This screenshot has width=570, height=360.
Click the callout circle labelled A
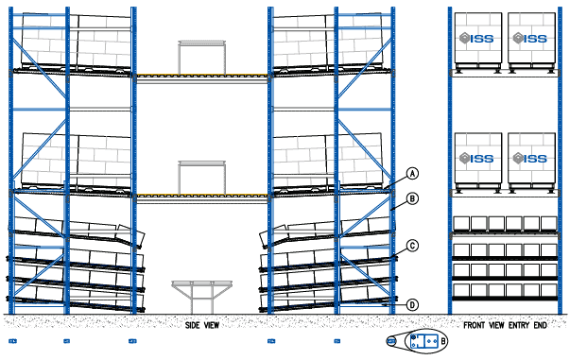(x=412, y=173)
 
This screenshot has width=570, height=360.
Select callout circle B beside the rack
(x=412, y=199)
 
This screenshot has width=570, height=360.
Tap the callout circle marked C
(x=412, y=246)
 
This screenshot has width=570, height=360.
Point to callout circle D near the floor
(x=412, y=304)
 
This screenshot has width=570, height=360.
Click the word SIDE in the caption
(x=194, y=325)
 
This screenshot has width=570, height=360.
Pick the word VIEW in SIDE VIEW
(x=211, y=325)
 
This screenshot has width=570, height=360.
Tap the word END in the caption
(x=540, y=325)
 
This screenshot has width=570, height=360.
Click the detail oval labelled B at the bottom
(x=423, y=340)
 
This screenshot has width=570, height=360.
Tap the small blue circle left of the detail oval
(x=391, y=340)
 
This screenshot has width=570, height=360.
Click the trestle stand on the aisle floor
(x=202, y=294)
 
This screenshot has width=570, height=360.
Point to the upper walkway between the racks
(x=203, y=76)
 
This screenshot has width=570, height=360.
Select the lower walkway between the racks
(x=203, y=197)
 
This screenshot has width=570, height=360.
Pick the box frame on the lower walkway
(x=203, y=178)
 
